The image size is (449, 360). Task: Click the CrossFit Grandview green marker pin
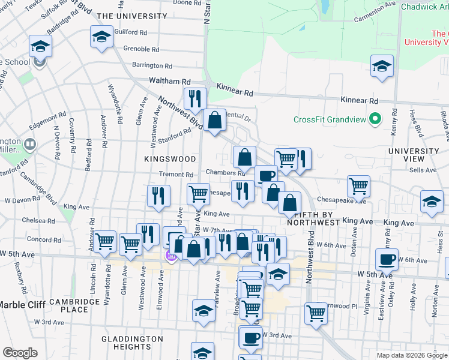[375, 119]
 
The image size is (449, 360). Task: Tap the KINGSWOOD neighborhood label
[170, 158]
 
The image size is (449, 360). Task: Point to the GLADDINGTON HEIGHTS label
[132, 344]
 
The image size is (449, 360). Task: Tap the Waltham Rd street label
[170, 81]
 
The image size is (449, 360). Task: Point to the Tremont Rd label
[175, 174]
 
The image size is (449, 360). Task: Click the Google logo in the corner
[20, 353]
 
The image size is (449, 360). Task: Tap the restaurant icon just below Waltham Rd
[194, 97]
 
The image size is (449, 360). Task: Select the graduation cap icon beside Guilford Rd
[101, 37]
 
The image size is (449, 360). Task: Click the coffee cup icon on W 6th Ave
[387, 259]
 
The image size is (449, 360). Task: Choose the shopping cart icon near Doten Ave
[358, 185]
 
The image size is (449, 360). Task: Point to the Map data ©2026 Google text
[411, 355]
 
